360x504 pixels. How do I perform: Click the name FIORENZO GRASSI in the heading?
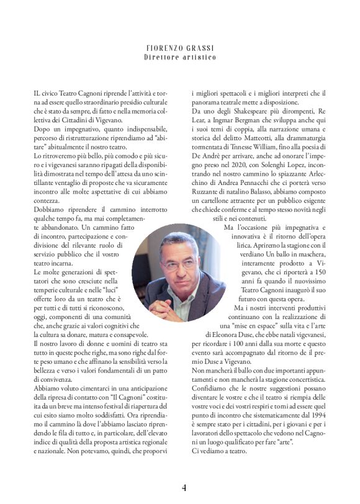[180, 48]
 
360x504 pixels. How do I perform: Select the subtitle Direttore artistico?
[180, 57]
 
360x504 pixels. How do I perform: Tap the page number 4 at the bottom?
[184, 487]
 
